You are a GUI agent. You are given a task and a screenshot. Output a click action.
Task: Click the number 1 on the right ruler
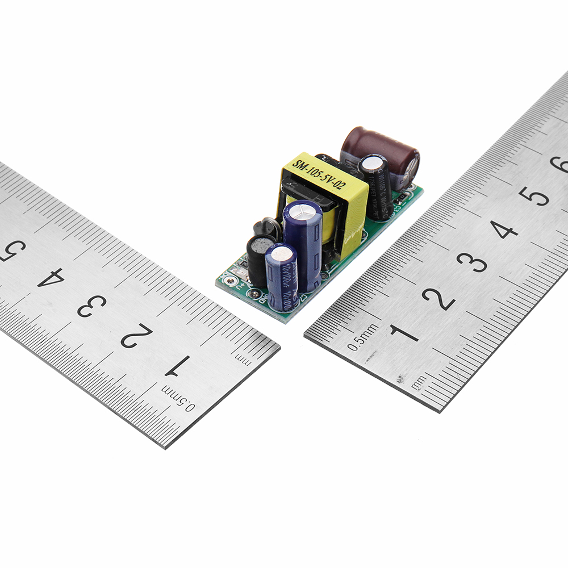coord(404,333)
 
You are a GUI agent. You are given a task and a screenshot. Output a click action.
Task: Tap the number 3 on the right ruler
coord(471,262)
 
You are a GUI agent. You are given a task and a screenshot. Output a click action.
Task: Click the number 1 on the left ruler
coord(177,366)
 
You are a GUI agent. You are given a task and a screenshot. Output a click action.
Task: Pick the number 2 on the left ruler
coord(136,335)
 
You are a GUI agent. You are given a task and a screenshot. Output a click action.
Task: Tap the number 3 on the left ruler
coord(93,305)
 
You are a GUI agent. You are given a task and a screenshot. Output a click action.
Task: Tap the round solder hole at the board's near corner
coord(228,279)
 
